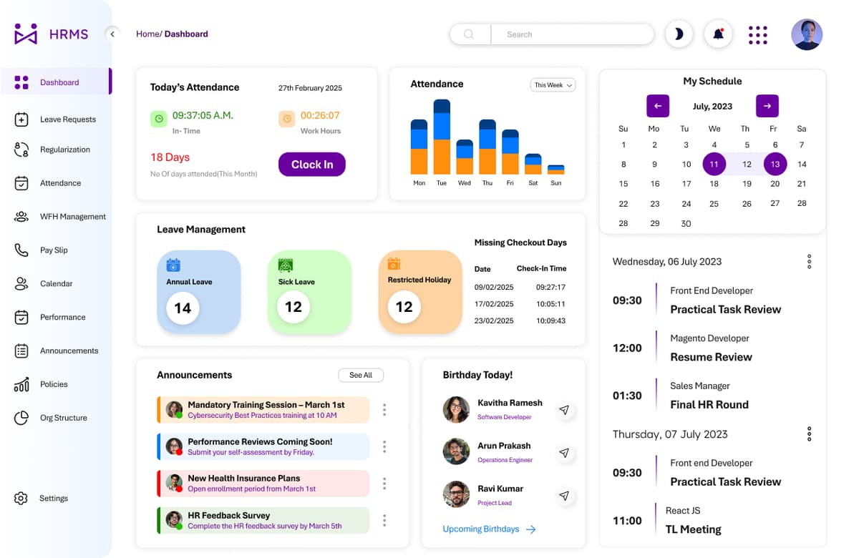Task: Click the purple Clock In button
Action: click(311, 165)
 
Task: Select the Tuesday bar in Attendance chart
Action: click(442, 137)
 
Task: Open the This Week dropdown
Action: click(553, 85)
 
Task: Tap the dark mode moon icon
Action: click(679, 34)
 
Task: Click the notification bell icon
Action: click(718, 34)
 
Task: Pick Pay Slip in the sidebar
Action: click(54, 250)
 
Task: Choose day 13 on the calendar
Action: click(775, 164)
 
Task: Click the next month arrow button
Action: click(767, 106)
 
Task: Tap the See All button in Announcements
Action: click(361, 375)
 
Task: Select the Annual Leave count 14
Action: click(183, 308)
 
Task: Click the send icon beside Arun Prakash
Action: click(564, 453)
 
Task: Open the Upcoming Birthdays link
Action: click(489, 529)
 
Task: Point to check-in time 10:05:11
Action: click(550, 304)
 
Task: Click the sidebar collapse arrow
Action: click(112, 34)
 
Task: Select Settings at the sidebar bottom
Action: click(53, 499)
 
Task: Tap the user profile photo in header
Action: click(806, 34)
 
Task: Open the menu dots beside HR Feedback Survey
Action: click(384, 520)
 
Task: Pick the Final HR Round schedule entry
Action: click(709, 404)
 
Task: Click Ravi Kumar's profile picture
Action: click(456, 494)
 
